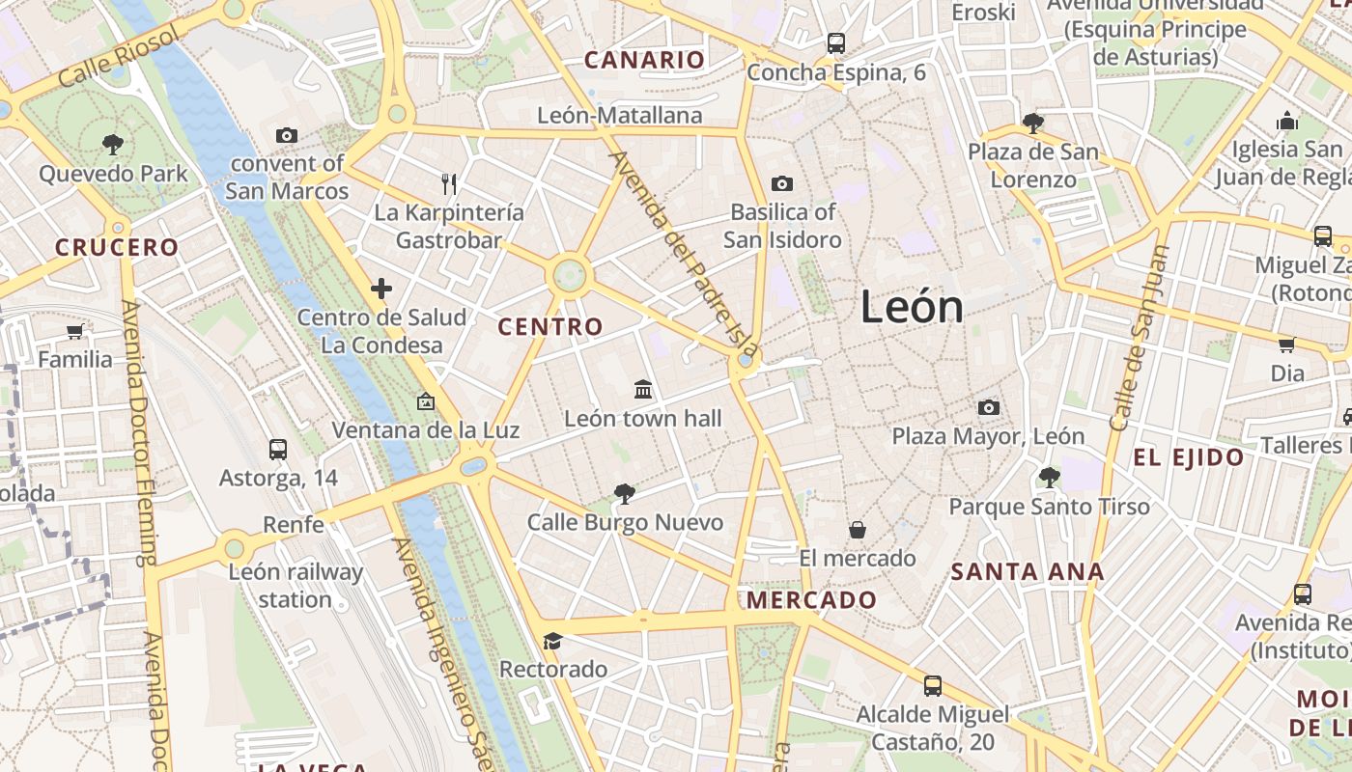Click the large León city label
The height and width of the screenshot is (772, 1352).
[912, 307]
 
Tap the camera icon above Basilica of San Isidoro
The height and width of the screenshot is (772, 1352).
[781, 183]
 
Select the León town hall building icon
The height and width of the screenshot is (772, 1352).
[643, 389]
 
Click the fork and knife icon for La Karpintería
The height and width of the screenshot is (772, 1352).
[448, 183]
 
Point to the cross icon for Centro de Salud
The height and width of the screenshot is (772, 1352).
[381, 288]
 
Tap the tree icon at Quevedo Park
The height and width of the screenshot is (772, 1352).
[113, 145]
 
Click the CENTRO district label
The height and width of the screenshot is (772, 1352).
[550, 327]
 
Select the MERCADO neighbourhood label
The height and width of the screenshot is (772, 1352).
[811, 600]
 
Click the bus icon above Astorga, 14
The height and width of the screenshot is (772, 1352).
[278, 449]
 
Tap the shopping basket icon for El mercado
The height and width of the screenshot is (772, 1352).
[857, 530]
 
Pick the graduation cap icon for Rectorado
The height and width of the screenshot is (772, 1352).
[552, 641]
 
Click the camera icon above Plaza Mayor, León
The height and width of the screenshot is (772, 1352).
[988, 407]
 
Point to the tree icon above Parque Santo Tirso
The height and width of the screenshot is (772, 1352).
[1049, 477]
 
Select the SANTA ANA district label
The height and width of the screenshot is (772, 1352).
[1028, 571]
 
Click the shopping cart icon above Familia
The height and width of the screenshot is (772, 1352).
[74, 331]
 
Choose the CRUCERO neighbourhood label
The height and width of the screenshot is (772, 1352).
[117, 247]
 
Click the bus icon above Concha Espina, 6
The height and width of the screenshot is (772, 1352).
[835, 43]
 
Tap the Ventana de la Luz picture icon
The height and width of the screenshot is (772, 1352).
[425, 401]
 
